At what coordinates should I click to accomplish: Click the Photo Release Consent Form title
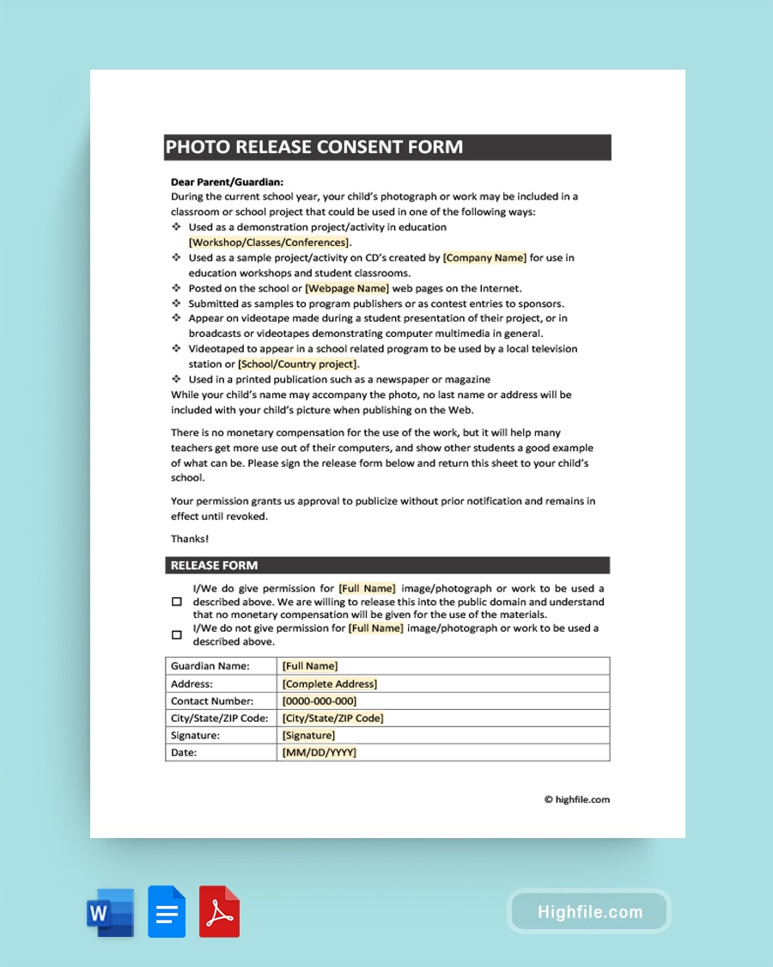[x=314, y=147]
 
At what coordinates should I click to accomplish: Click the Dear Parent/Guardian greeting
[x=227, y=182]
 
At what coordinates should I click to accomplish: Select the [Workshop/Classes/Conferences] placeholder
[x=269, y=242]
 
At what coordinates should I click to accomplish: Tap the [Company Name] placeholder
[x=484, y=258]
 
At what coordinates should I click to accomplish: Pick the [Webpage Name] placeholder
[x=347, y=289]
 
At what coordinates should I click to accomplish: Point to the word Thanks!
[x=190, y=539]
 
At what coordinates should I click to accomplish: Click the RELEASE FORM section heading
[x=215, y=566]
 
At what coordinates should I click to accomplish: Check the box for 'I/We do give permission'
[x=177, y=602]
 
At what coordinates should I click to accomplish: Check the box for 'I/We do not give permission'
[x=177, y=635]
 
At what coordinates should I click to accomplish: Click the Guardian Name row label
[x=210, y=666]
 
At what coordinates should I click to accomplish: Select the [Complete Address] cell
[x=330, y=684]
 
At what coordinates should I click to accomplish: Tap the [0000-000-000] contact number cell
[x=320, y=701]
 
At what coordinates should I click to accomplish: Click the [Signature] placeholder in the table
[x=309, y=736]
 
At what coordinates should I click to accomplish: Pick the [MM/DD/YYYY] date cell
[x=320, y=753]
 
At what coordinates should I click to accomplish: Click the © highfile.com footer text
[x=577, y=799]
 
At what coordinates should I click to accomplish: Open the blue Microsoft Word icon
[x=110, y=912]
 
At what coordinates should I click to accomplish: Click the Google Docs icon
[x=167, y=911]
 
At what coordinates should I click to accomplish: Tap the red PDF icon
[x=220, y=911]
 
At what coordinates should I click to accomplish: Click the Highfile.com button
[x=589, y=912]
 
